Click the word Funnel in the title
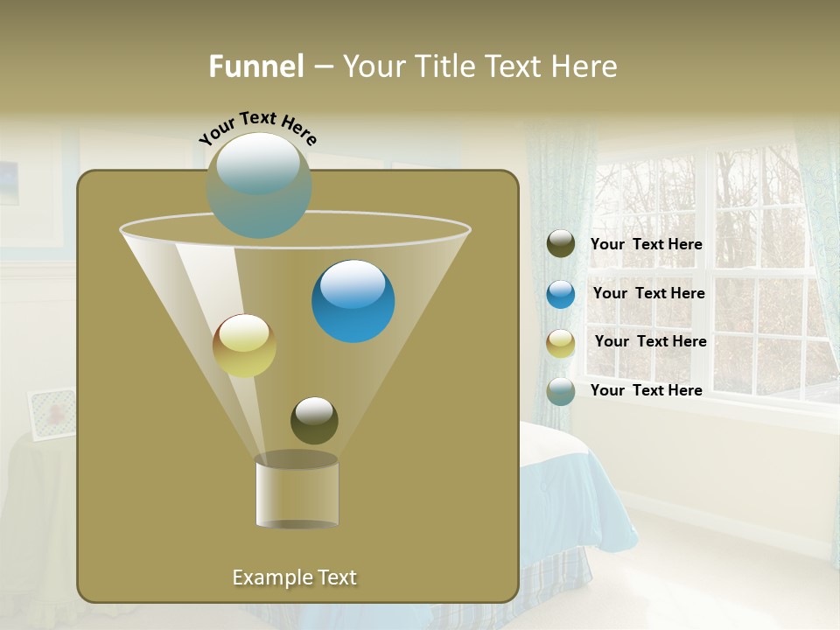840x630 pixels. click(255, 66)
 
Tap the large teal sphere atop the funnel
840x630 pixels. click(258, 185)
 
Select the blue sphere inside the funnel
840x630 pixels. click(353, 301)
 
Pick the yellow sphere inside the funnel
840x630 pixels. click(244, 346)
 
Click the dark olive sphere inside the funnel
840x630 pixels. click(314, 420)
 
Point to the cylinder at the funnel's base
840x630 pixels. click(297, 492)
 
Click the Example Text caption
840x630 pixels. click(294, 577)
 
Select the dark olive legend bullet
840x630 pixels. click(561, 244)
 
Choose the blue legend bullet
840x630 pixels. click(561, 294)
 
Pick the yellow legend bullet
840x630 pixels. click(561, 343)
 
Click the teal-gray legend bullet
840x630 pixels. click(561, 391)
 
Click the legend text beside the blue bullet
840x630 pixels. click(648, 294)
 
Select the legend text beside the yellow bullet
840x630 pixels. click(650, 342)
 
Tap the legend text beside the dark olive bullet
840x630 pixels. click(646, 245)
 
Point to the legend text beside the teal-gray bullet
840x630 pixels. click(646, 390)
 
